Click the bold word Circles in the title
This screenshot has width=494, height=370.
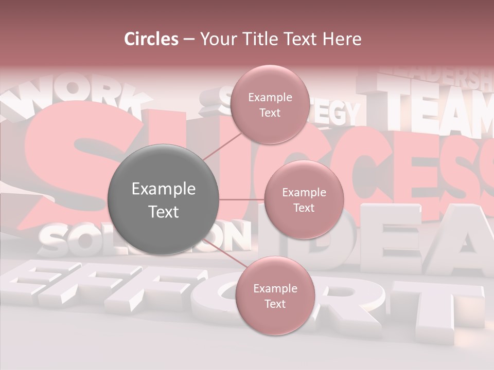151,39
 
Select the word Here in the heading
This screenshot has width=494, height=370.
342,39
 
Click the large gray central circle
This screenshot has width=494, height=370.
164,199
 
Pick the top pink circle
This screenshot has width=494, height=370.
270,104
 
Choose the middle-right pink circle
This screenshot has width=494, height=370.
304,200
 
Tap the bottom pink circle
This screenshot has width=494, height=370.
275,295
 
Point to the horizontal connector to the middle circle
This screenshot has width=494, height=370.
241,199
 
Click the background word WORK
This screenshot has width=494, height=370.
77,98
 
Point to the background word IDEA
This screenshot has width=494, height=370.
391,236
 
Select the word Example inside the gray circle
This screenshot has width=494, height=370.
164,189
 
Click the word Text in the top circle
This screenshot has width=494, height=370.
270,113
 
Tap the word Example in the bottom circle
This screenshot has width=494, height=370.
275,288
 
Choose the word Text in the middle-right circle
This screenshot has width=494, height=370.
304,208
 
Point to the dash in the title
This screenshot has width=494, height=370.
189,39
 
